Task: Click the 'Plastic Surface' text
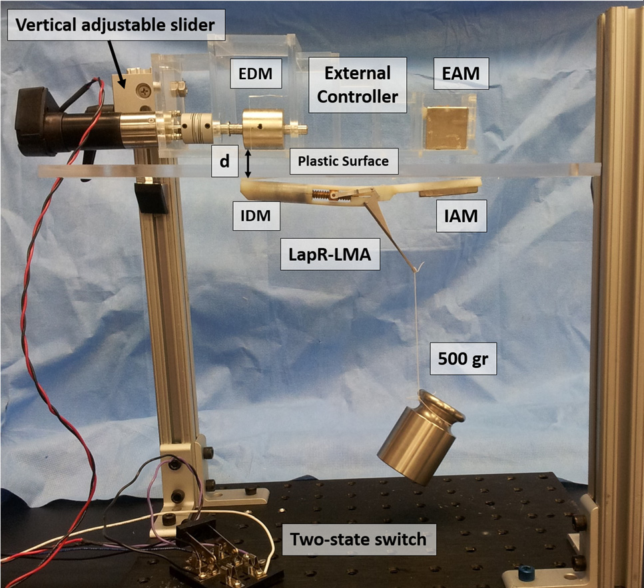(343, 160)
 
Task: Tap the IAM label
(460, 216)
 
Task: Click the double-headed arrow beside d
(248, 163)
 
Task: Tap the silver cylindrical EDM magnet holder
(261, 128)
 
